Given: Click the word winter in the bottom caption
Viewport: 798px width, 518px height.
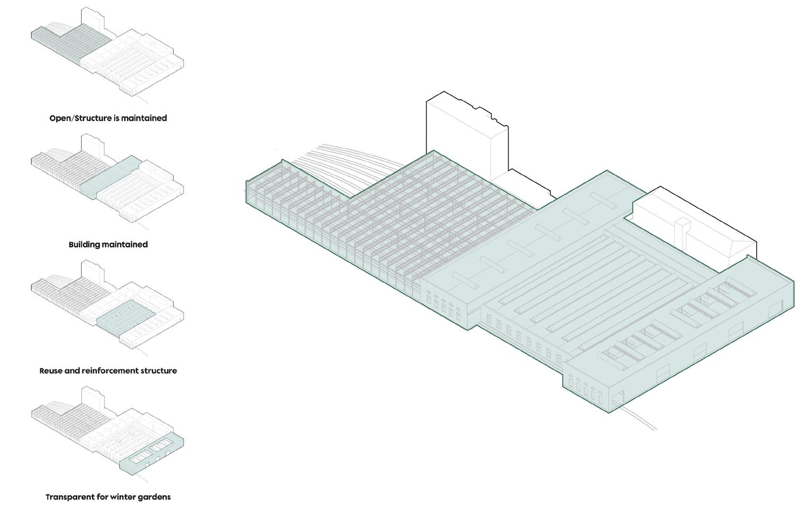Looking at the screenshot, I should pyautogui.click(x=125, y=497).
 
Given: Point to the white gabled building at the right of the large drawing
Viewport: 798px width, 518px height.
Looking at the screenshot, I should pyautogui.click(x=690, y=223).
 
